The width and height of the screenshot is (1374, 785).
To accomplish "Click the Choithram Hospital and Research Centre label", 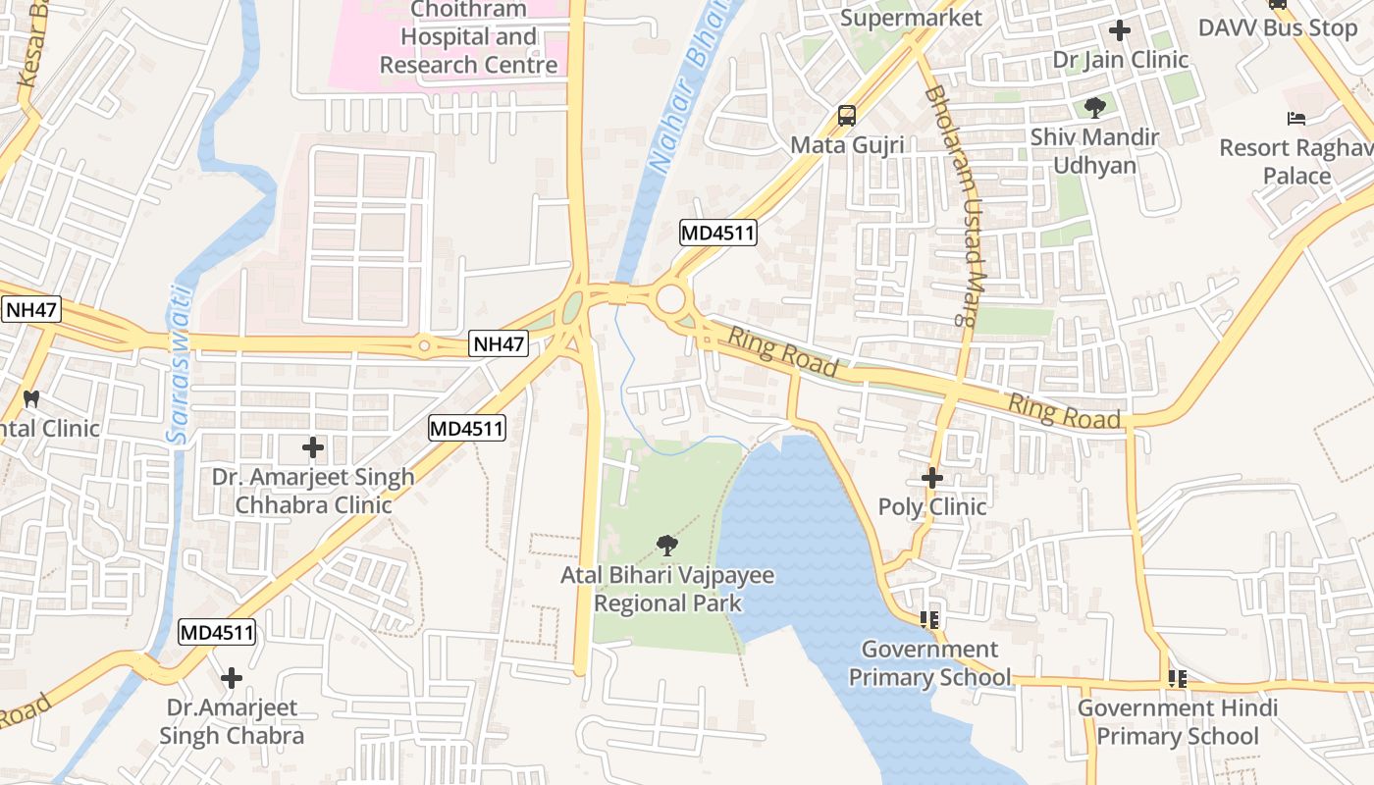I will tap(468, 37).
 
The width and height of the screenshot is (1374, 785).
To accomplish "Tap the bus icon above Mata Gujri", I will tap(846, 116).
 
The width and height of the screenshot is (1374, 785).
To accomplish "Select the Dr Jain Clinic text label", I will tap(1121, 60).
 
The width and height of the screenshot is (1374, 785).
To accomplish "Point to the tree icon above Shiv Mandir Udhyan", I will tap(1094, 108).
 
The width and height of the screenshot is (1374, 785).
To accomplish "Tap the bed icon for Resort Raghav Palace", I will tap(1296, 119).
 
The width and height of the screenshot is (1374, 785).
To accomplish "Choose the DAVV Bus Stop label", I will tap(1278, 27).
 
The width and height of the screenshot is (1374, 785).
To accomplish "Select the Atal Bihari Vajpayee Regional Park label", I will tap(667, 589).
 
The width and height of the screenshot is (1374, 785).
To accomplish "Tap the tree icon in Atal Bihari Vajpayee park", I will tap(667, 545).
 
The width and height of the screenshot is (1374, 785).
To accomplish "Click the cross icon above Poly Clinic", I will tap(932, 478).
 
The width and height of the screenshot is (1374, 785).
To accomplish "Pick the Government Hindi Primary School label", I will tap(1177, 721).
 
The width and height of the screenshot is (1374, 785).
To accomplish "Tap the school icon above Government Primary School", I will tap(928, 619).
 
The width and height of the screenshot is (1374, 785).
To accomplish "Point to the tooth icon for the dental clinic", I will tap(30, 398).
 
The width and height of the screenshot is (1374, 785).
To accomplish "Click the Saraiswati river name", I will tap(177, 363).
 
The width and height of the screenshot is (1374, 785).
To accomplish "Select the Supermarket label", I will tap(911, 18).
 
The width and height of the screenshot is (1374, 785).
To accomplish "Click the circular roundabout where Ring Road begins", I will tap(671, 298).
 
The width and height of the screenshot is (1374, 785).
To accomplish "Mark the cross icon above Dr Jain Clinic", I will tap(1120, 30).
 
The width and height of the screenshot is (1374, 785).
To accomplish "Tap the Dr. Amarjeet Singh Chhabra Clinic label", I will tap(313, 491).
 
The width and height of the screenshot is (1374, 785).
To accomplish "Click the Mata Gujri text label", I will tap(847, 145).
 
